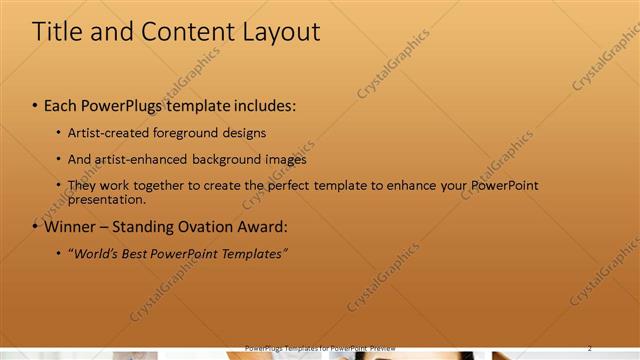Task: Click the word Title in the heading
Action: [x=57, y=31]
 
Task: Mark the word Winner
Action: [x=71, y=227]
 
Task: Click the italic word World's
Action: [x=94, y=254]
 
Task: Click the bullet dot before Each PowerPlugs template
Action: [x=35, y=105]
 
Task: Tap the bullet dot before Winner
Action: [x=35, y=227]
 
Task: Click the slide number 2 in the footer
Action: [x=589, y=348]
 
